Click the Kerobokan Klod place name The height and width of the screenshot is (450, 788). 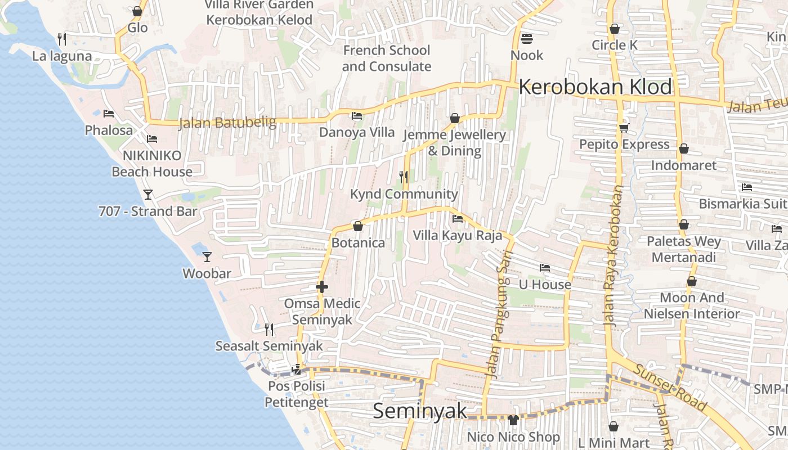click(x=595, y=87)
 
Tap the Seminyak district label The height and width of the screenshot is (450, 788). click(x=420, y=411)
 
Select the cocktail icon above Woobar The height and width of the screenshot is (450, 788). click(x=207, y=257)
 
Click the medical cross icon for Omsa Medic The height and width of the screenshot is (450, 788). click(x=322, y=287)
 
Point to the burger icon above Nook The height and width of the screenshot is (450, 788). click(x=527, y=39)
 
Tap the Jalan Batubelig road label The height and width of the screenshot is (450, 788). click(x=227, y=123)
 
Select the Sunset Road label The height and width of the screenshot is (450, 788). click(x=670, y=386)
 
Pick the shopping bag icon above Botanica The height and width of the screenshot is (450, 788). click(x=358, y=227)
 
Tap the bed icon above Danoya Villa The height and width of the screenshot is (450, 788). click(x=357, y=116)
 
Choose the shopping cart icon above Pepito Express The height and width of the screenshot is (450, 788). click(x=624, y=128)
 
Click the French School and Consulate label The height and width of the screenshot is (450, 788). click(x=387, y=58)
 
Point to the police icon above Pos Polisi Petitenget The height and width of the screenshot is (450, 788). click(x=296, y=370)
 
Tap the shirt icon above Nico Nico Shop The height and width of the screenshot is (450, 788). click(x=513, y=420)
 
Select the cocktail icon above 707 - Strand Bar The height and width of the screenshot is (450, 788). click(x=148, y=195)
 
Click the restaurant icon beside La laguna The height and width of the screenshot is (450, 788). click(x=62, y=39)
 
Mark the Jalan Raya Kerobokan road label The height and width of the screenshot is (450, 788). click(x=614, y=256)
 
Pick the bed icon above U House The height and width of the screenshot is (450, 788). click(x=544, y=268)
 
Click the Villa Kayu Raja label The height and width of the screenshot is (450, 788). click(x=457, y=235)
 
